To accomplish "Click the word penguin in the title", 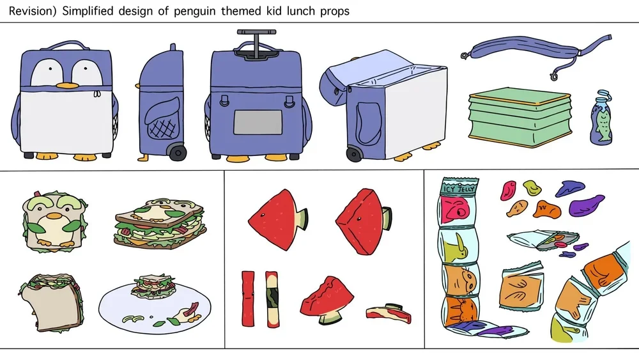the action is tap(194, 11).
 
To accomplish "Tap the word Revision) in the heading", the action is tap(33, 11).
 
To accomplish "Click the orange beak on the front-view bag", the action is tap(66, 86).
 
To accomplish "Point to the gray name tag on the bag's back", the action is tap(258, 122).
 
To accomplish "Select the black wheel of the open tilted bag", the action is tap(354, 154).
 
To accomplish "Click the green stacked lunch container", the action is tap(520, 117).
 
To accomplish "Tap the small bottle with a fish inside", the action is tap(601, 118).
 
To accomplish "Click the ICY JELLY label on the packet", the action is tap(459, 189).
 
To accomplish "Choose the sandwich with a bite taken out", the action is tap(52, 302).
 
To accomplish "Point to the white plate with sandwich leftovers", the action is tap(155, 308).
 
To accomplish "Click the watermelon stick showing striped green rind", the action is tap(272, 299).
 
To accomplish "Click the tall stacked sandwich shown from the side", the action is tap(160, 224).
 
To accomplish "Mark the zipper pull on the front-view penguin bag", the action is tap(97, 94).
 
